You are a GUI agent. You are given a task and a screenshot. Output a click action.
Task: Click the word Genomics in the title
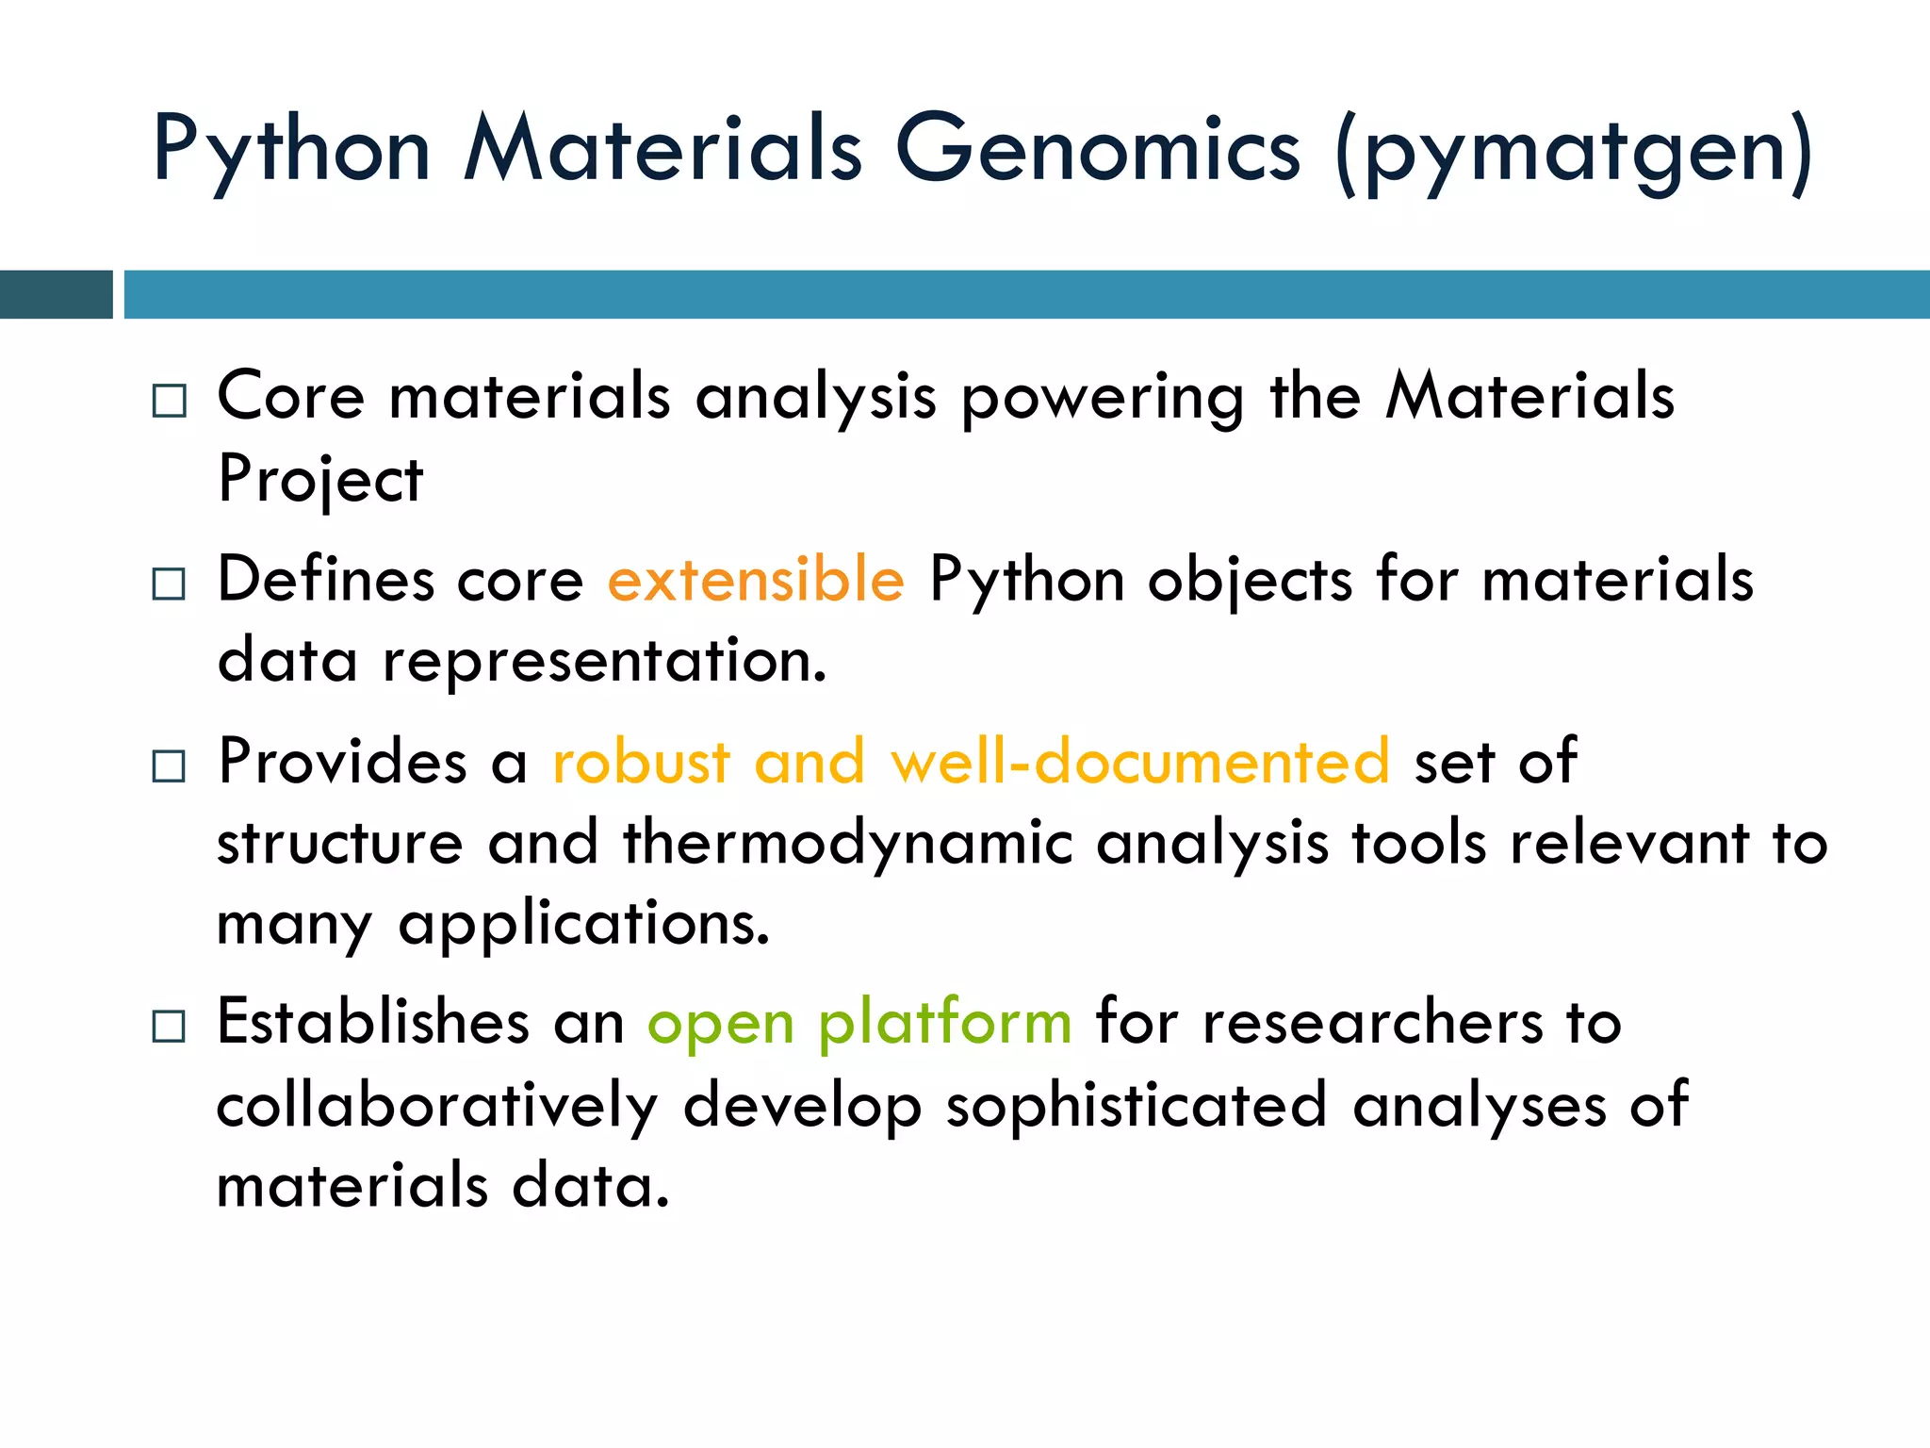[1097, 149]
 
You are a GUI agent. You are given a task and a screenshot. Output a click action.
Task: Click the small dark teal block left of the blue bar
[56, 294]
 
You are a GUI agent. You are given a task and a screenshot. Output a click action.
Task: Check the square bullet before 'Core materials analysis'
[170, 402]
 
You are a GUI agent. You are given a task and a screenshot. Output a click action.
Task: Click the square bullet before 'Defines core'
[170, 584]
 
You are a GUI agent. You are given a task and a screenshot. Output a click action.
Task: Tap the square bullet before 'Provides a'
[170, 765]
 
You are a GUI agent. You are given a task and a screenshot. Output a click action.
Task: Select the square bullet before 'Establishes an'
[170, 1026]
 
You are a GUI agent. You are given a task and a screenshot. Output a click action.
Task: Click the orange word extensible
[756, 579]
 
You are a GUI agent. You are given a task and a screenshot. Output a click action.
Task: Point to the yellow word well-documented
[1140, 761]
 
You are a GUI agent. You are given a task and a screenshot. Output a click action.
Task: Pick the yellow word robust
[641, 761]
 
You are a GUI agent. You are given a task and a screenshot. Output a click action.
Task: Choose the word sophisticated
[1137, 1105]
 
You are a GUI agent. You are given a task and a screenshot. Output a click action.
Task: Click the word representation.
[604, 661]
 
